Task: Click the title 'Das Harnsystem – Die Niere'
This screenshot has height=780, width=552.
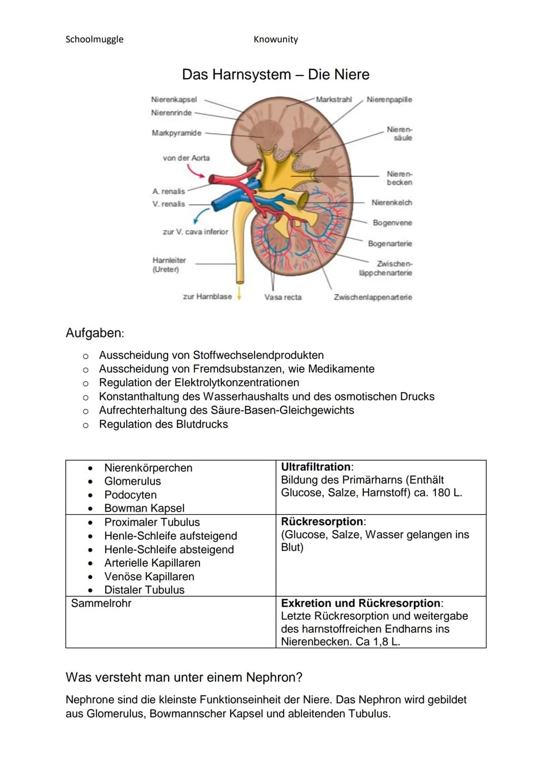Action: click(275, 75)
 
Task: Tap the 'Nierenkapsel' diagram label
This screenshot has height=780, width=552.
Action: click(174, 100)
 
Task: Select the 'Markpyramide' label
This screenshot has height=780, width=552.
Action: click(176, 133)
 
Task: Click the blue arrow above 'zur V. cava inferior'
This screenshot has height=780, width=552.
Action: click(201, 215)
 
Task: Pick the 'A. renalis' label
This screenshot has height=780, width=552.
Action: click(169, 191)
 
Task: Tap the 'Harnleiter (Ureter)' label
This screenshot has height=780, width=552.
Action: click(169, 265)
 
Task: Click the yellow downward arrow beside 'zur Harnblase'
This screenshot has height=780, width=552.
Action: click(239, 295)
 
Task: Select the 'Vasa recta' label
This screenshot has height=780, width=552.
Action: click(283, 297)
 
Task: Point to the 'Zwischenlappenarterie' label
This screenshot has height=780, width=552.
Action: click(373, 297)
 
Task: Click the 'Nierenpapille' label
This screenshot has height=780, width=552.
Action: click(389, 100)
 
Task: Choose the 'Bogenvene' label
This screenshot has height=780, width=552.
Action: click(392, 223)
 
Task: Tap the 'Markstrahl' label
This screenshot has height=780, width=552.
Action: click(334, 100)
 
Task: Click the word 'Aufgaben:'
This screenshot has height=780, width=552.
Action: click(95, 333)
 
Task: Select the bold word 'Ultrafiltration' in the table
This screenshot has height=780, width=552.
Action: click(316, 467)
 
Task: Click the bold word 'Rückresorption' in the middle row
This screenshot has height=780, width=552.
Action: click(322, 522)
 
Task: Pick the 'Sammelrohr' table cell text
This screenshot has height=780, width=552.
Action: click(101, 603)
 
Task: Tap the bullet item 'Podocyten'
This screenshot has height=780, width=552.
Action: click(130, 495)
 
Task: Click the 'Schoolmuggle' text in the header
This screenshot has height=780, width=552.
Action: click(95, 39)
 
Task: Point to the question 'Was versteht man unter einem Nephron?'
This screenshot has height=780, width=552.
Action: click(184, 677)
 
